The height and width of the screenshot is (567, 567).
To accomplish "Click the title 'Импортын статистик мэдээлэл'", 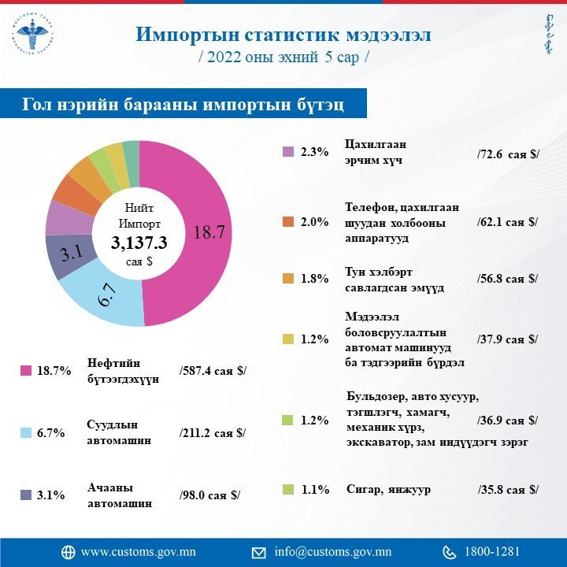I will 283,35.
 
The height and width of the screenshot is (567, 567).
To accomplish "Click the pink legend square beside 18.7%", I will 25,370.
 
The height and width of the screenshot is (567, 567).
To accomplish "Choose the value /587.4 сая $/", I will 213,370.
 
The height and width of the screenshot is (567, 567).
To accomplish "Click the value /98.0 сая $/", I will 209,495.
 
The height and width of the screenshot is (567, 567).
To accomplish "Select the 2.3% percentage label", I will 314,152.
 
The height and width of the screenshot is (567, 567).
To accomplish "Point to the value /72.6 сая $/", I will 509,153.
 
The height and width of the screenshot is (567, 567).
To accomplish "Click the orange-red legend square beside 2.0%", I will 288,222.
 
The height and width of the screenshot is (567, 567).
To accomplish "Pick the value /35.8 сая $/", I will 509,489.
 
